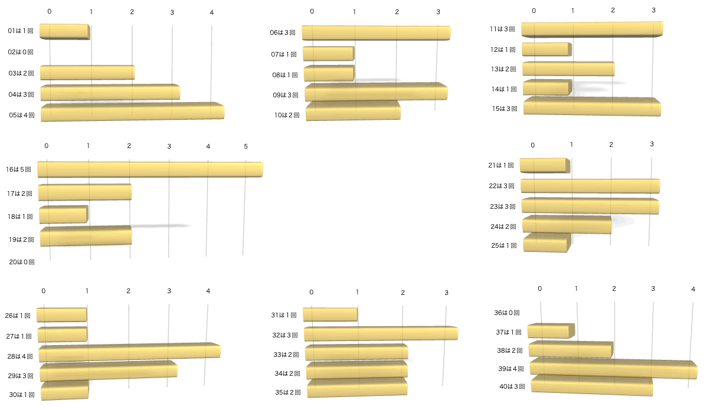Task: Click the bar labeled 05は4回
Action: tap(132, 112)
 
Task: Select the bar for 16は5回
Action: tap(150, 169)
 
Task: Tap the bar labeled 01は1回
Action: tap(64, 32)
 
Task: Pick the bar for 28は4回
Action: tap(129, 352)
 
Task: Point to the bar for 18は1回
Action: tap(63, 215)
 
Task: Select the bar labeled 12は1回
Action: tap(546, 50)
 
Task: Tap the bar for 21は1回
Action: tap(545, 166)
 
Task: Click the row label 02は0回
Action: tap(21, 52)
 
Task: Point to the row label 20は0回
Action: tap(22, 261)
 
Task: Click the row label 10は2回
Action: tap(287, 115)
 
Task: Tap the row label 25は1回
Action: tap(504, 245)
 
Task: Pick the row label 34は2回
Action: tap(287, 373)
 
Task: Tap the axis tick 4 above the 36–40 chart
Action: tap(693, 288)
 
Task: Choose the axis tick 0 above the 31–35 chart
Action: tap(311, 293)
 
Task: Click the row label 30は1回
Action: tap(22, 395)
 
